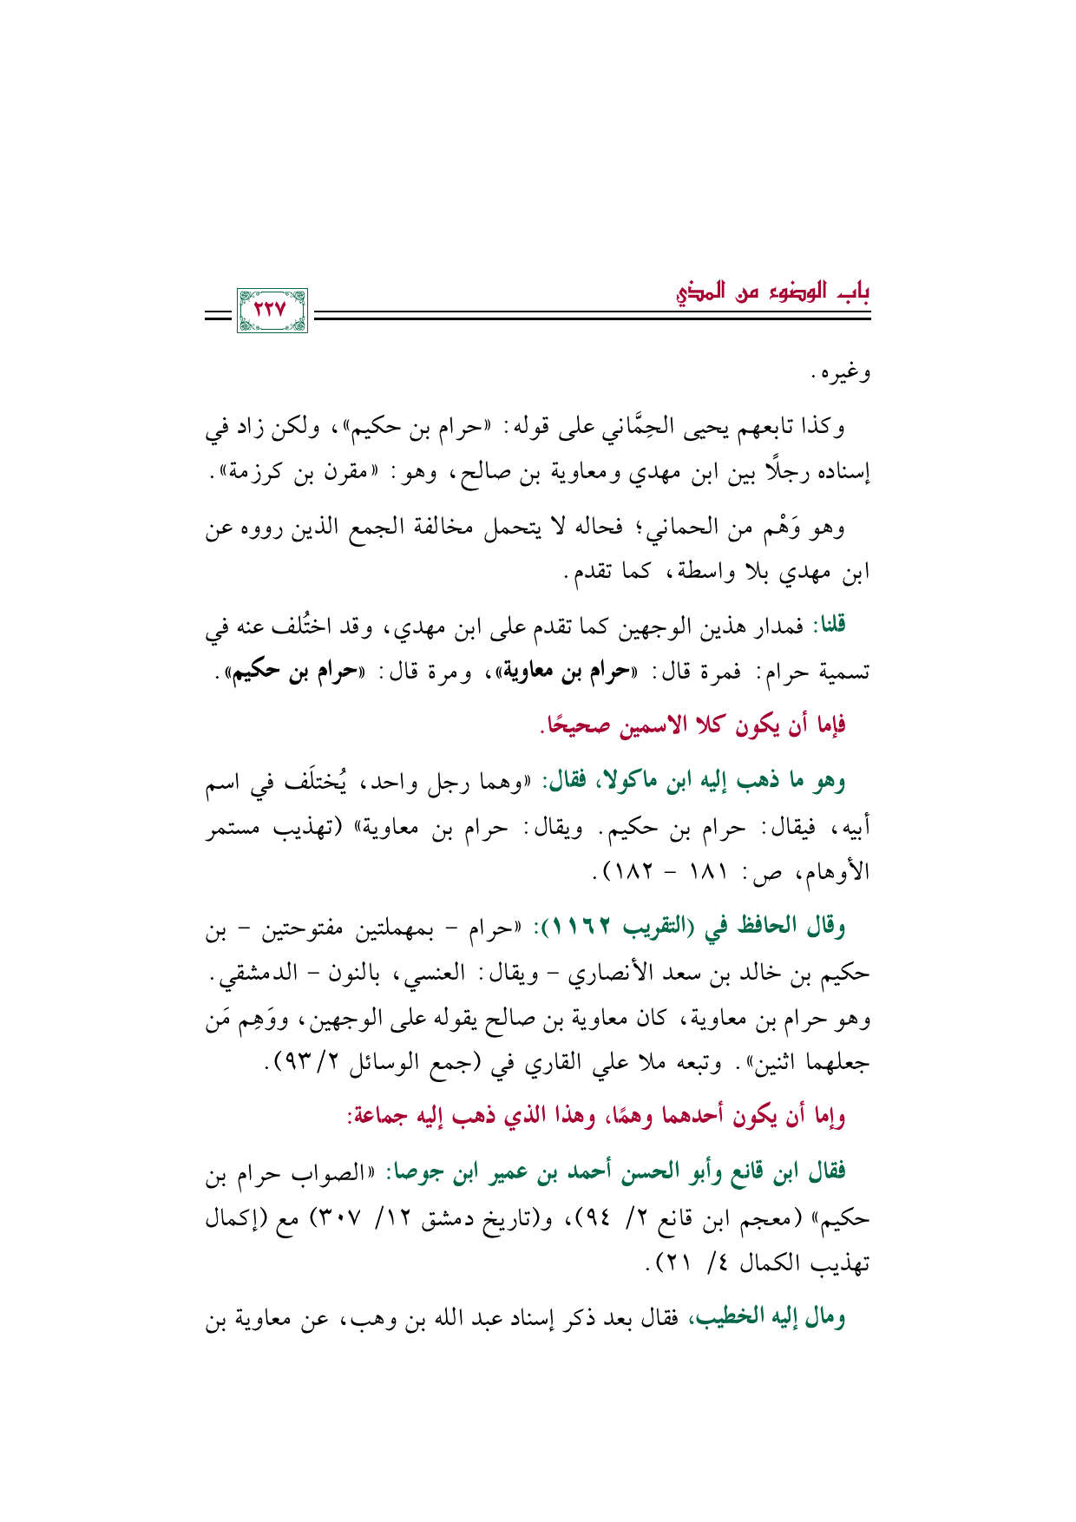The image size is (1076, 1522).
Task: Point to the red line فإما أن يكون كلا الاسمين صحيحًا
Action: click(x=693, y=724)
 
